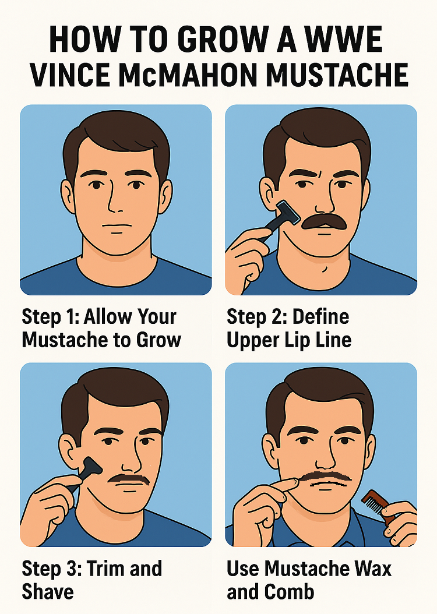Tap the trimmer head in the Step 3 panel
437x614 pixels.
[90, 467]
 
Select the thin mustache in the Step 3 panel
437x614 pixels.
[129, 479]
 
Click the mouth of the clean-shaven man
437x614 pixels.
[117, 226]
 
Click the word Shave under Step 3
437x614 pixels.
[48, 592]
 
